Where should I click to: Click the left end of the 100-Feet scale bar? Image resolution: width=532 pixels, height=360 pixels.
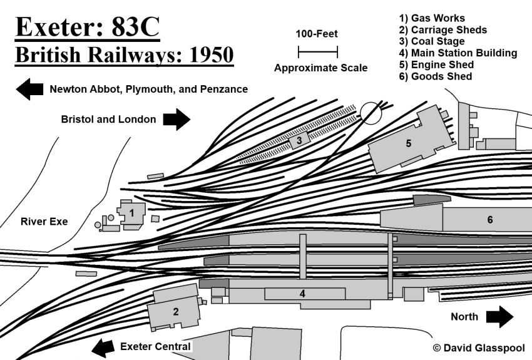(298, 52)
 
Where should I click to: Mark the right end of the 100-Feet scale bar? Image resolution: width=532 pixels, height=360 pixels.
(337, 52)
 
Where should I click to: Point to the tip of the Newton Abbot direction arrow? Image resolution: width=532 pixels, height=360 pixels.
(16, 90)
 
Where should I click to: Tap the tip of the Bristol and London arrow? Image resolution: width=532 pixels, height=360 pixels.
(190, 119)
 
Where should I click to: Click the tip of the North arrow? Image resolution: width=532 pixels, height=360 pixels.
(513, 317)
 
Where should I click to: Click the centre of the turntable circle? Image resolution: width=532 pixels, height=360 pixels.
(371, 113)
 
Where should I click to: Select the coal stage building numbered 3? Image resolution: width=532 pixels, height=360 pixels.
(299, 140)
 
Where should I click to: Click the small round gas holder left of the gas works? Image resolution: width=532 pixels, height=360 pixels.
(98, 225)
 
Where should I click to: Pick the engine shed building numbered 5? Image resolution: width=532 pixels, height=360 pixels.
(411, 140)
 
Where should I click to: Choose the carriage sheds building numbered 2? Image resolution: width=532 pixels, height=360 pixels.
(175, 307)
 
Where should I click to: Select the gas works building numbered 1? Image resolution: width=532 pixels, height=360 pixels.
(131, 214)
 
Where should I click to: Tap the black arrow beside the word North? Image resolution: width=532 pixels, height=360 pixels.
(500, 317)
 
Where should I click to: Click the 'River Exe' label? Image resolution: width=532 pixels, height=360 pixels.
(44, 222)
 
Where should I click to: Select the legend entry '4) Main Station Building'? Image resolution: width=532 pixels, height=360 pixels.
(458, 53)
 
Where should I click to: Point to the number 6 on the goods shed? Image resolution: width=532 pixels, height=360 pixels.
(490, 220)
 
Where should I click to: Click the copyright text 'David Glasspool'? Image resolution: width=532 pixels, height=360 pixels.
(484, 348)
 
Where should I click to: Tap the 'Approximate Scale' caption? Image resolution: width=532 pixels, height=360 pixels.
(320, 68)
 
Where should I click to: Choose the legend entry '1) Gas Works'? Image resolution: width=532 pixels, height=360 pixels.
(432, 18)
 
